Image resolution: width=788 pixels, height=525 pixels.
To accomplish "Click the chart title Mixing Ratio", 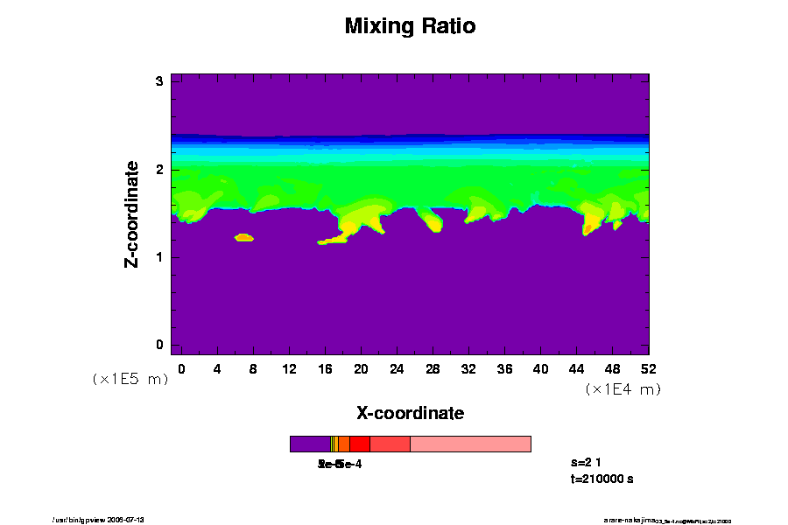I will (x=410, y=26).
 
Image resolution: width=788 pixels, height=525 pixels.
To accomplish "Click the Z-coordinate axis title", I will (x=132, y=213).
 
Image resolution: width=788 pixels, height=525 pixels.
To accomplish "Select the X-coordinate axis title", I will (x=410, y=413).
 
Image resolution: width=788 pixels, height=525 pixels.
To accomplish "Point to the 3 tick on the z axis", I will (x=159, y=81).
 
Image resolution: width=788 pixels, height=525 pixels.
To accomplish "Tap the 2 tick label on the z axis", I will (x=159, y=170).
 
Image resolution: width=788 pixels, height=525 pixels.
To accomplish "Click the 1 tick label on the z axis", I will (x=159, y=257).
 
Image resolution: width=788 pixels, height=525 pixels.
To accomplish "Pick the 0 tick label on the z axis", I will (x=159, y=345).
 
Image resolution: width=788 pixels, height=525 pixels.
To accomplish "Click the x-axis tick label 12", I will (x=289, y=369).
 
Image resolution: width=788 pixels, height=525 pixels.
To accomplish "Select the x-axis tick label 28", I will (x=433, y=369).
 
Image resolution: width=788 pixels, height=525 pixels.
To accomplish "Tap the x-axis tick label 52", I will (x=648, y=369).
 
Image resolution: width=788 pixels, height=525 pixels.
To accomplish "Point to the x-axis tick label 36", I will (x=504, y=369).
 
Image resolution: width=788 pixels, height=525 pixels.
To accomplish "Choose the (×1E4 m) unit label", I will (x=623, y=389).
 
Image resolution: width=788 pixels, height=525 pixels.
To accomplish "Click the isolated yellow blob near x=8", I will (x=243, y=237).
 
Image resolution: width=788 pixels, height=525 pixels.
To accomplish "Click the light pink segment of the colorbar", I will (x=470, y=444).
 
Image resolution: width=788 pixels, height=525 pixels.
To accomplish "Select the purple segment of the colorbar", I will (x=310, y=444).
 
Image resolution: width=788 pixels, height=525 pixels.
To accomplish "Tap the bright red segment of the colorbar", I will (x=359, y=444).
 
